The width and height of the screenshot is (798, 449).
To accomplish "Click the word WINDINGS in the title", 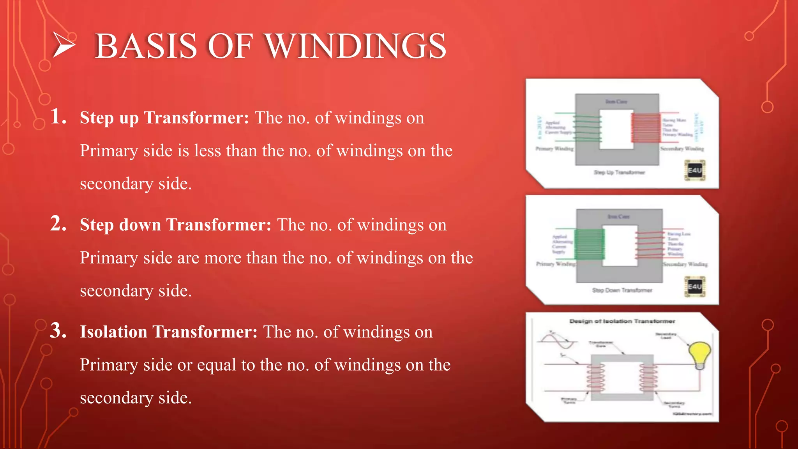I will pos(355,46).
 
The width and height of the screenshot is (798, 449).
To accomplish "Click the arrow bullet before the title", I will pos(64,46).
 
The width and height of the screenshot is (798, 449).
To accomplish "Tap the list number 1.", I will pos(58,117).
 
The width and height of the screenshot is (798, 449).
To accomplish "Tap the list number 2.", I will pos(58,224).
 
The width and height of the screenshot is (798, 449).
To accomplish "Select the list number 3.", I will pos(58,331).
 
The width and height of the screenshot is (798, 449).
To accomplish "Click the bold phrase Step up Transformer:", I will pos(164,118).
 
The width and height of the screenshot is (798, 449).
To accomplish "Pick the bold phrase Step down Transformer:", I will pos(175,225).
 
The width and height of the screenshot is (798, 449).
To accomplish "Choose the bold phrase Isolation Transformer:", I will pos(168,332).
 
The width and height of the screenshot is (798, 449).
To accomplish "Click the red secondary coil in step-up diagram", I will pos(646,127).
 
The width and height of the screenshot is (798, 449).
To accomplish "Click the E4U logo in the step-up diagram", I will pos(695,170).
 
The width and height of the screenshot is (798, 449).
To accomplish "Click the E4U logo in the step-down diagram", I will pos(695,286).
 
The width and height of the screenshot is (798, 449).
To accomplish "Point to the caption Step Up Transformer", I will pos(619,172).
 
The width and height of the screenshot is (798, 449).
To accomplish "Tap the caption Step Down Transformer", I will pos(622,290).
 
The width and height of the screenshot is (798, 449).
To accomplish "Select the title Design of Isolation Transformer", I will pos(622,321).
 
